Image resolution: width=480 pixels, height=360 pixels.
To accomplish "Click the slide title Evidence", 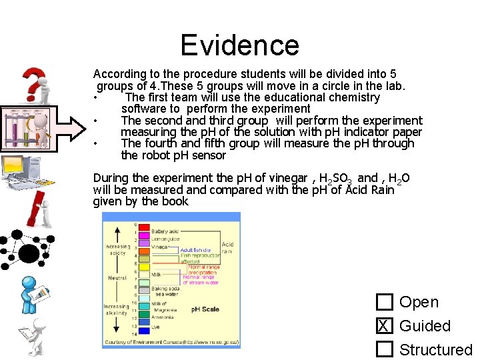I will click(x=239, y=45).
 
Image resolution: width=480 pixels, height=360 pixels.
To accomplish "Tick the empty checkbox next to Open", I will click(x=384, y=303).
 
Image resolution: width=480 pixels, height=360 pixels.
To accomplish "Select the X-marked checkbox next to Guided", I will click(x=384, y=326).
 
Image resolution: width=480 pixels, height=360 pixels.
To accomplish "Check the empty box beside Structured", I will click(x=384, y=349).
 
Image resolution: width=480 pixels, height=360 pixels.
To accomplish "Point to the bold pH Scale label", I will click(x=205, y=309).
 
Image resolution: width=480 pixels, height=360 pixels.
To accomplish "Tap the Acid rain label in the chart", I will click(x=227, y=247).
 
